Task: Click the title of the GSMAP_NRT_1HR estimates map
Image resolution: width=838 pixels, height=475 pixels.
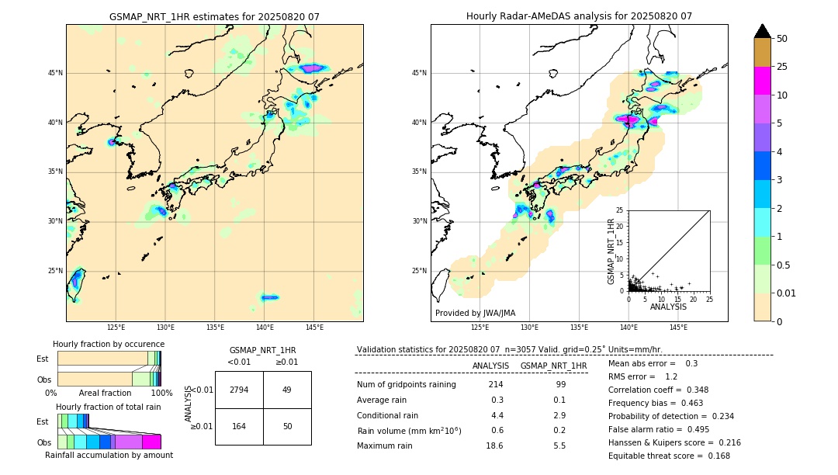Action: pyautogui.click(x=214, y=16)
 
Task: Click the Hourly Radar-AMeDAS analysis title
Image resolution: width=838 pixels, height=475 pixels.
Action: pyautogui.click(x=579, y=16)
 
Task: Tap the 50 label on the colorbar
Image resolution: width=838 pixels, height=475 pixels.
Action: pyautogui.click(x=782, y=39)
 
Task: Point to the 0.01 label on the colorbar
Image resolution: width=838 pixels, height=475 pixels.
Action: pyautogui.click(x=787, y=293)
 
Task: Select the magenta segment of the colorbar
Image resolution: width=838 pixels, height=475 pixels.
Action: pyautogui.click(x=763, y=81)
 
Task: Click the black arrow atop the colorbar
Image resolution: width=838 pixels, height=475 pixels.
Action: pyautogui.click(x=763, y=31)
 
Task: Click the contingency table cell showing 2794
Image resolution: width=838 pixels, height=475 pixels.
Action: pyautogui.click(x=239, y=390)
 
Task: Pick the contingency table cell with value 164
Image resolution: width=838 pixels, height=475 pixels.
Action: pyautogui.click(x=239, y=426)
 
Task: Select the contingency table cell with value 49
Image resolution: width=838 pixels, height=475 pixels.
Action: pyautogui.click(x=286, y=390)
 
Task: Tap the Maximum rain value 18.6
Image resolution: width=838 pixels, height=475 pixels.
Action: pyautogui.click(x=494, y=446)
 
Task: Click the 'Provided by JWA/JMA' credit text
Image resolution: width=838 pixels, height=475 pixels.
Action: pyautogui.click(x=475, y=313)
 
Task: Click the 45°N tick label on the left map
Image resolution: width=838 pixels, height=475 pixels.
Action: pyautogui.click(x=55, y=73)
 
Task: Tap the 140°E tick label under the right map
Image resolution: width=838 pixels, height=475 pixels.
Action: pyautogui.click(x=628, y=328)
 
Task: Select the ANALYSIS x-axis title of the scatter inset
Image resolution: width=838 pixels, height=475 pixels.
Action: pyautogui.click(x=668, y=307)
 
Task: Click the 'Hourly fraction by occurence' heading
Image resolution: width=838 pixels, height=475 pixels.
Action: pyautogui.click(x=109, y=344)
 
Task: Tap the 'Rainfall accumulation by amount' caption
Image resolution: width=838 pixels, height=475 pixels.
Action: pyautogui.click(x=109, y=455)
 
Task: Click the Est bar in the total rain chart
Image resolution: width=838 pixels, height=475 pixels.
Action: pyautogui.click(x=73, y=421)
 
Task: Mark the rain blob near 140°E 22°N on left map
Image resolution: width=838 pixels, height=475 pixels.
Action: pyautogui.click(x=269, y=297)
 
